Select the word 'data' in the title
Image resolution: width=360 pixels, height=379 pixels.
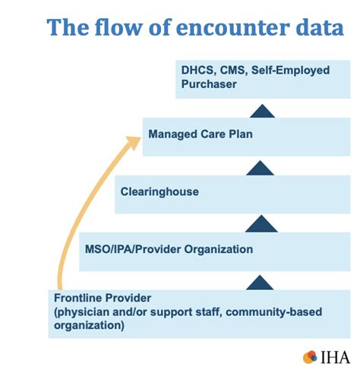tap(311, 29)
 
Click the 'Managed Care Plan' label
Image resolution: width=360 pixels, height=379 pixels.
tap(200, 134)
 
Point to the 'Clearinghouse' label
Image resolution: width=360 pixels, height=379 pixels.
tap(159, 191)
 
